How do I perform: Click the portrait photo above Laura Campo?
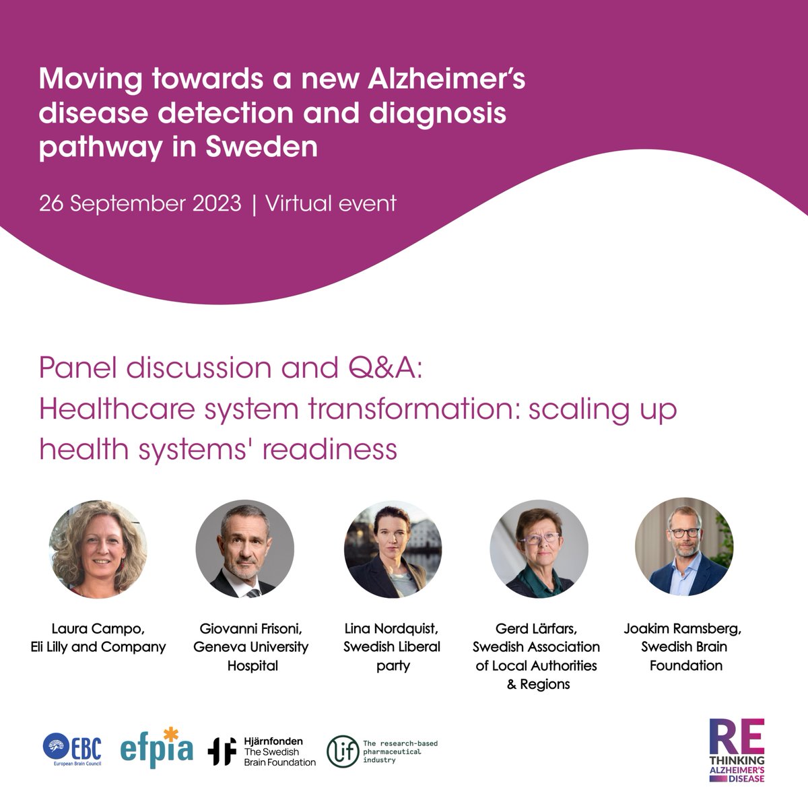[99, 549]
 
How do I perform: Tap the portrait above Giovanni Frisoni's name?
[245, 549]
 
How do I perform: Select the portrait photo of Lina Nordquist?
[392, 549]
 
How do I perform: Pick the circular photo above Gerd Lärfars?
[539, 549]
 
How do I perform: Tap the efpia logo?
[158, 748]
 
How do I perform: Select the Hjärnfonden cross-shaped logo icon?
[222, 751]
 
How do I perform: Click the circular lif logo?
[342, 751]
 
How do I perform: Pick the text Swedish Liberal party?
[392, 656]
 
